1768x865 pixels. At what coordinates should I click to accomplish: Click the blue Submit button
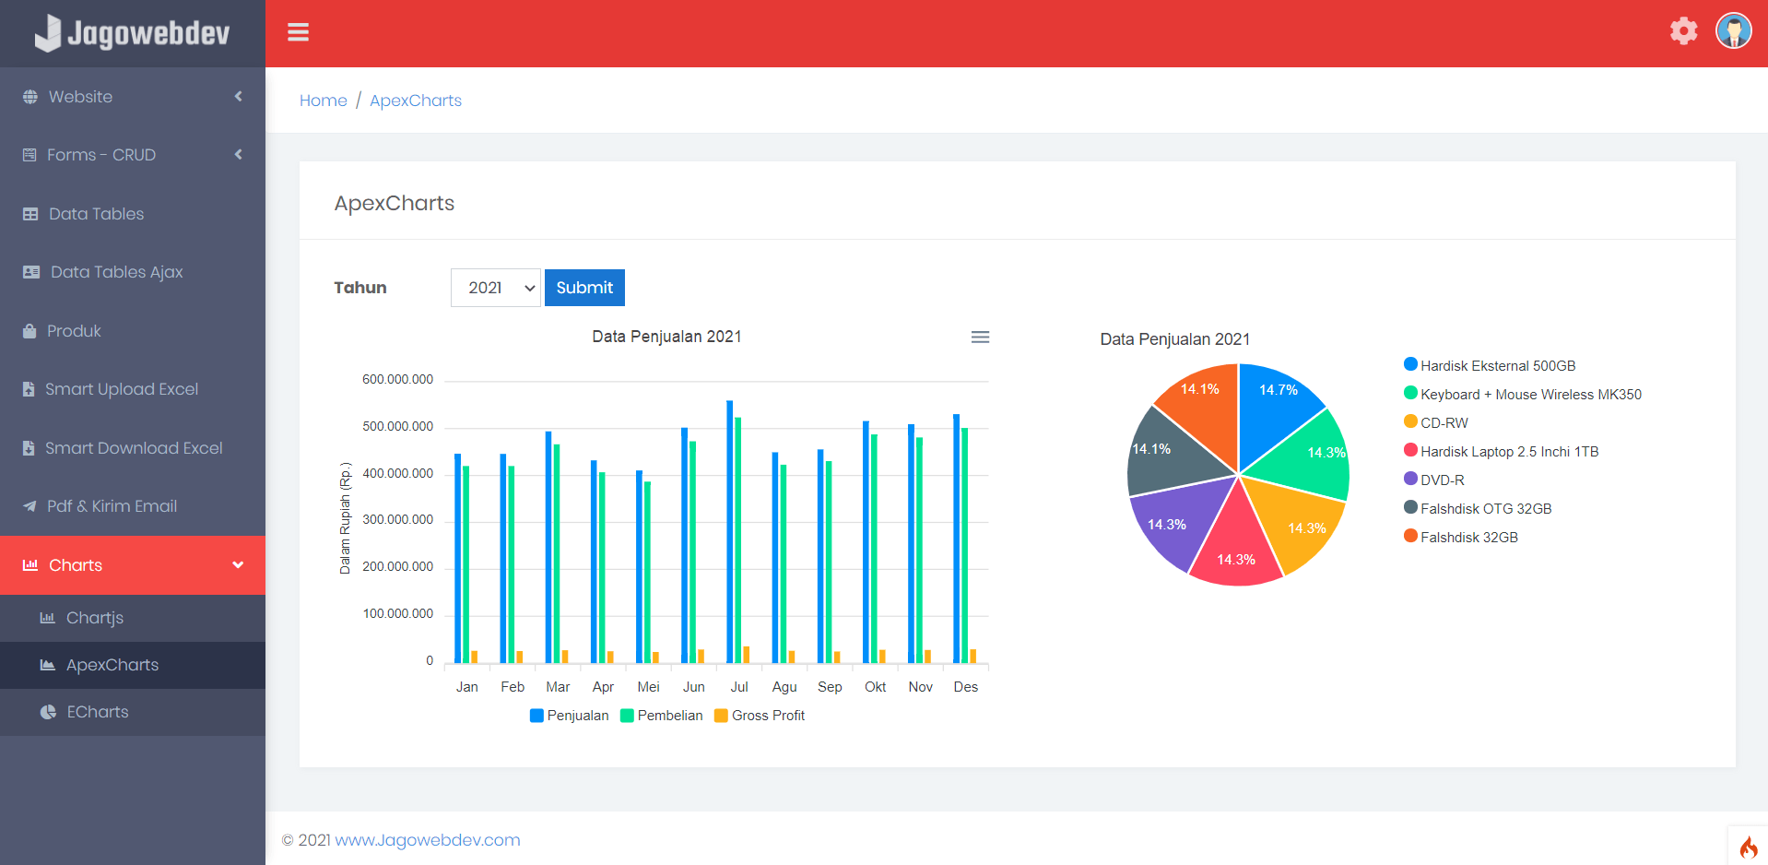(x=584, y=288)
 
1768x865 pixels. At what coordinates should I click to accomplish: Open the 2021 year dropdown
(x=495, y=288)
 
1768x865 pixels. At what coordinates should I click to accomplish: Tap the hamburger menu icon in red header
(x=298, y=33)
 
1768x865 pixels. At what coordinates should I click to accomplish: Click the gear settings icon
(x=1683, y=31)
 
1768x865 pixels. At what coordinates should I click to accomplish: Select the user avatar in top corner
(x=1733, y=31)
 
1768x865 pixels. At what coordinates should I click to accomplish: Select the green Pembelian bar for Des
(x=965, y=544)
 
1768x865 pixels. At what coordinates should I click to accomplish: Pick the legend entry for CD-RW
(x=1443, y=423)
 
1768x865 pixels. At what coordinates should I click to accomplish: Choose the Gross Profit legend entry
(x=767, y=716)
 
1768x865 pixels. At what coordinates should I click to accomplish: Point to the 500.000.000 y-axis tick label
(x=397, y=427)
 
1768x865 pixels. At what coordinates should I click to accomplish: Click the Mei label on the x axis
(x=648, y=687)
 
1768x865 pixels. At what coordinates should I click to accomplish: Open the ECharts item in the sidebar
(x=97, y=712)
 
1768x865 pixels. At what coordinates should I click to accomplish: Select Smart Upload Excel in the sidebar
(x=121, y=389)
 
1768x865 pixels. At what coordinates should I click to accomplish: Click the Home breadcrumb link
(x=323, y=101)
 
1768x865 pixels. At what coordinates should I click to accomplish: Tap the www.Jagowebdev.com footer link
(x=427, y=840)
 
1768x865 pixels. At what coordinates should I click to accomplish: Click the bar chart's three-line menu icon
(x=980, y=338)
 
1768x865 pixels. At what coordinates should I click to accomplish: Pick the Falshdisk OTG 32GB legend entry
(x=1485, y=509)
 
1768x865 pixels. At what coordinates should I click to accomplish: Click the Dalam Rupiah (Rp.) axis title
(x=346, y=518)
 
